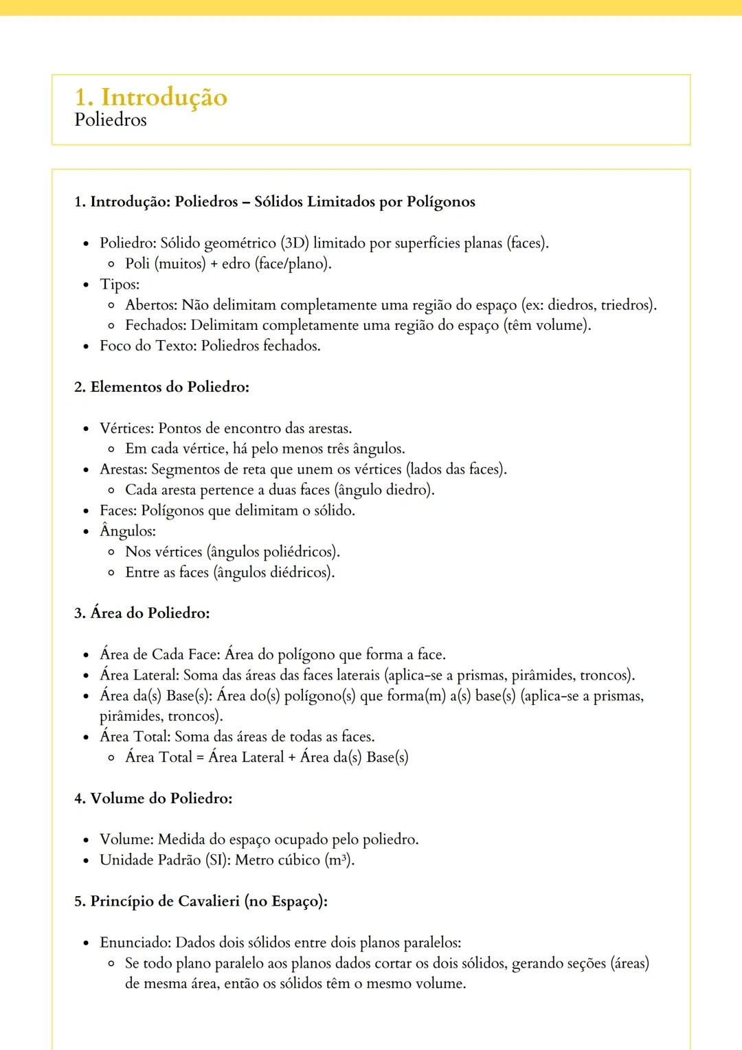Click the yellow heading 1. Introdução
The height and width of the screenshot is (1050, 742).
(150, 97)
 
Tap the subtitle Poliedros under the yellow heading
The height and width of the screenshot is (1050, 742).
(110, 120)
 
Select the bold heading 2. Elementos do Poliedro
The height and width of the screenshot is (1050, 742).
(161, 387)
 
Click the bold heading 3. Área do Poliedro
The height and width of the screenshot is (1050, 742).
(142, 613)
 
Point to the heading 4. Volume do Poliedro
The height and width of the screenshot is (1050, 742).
(153, 798)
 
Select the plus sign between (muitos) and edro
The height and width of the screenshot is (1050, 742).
(214, 264)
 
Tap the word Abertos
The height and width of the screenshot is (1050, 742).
(150, 305)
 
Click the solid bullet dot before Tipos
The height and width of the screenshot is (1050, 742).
(86, 285)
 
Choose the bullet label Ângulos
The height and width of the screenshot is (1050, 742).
(127, 531)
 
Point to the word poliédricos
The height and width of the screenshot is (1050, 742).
(300, 552)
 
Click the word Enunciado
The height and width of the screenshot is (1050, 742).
(135, 943)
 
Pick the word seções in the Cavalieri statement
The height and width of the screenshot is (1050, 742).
(586, 963)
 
